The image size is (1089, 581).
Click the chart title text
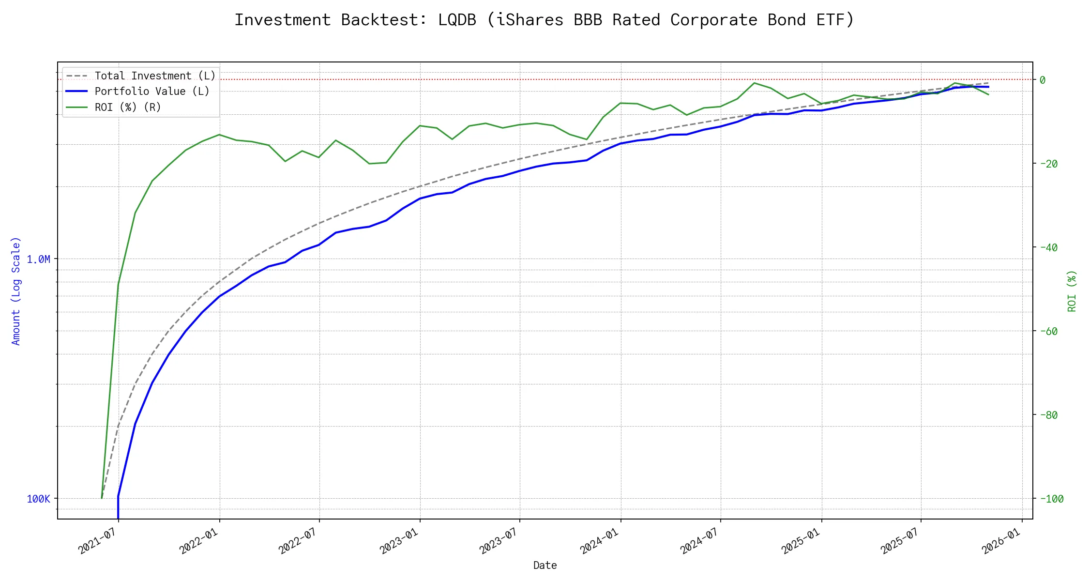[544, 20]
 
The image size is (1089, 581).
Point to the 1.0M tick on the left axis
[38, 260]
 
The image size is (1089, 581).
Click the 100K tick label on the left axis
[38, 499]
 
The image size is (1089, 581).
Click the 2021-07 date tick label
[100, 541]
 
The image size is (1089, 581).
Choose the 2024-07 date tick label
[701, 541]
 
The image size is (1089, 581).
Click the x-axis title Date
[545, 566]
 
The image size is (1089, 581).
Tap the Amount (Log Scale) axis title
[16, 291]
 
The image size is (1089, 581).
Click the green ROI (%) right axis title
[1072, 291]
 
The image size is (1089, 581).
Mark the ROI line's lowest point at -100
[102, 498]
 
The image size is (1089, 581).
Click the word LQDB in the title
[457, 20]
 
